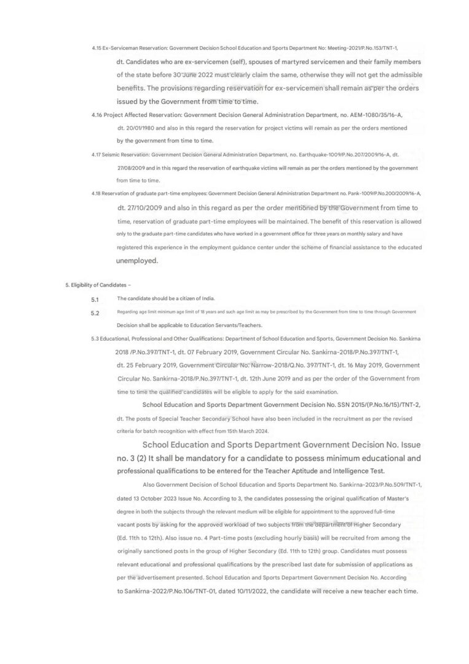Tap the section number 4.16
pyautogui.click(x=96, y=115)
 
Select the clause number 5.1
pyautogui.click(x=95, y=299)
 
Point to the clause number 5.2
pyautogui.click(x=95, y=313)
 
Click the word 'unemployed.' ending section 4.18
pyautogui.click(x=137, y=261)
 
